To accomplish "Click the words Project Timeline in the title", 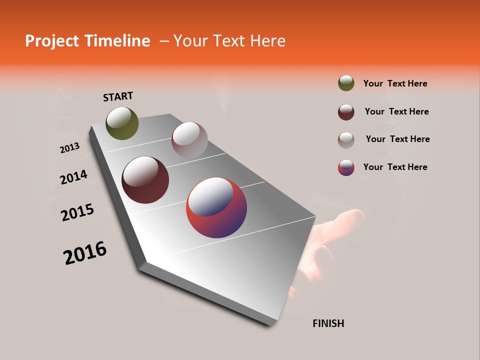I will [87, 41].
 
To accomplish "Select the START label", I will [118, 96].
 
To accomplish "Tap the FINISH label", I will [328, 323].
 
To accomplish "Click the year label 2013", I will [69, 148].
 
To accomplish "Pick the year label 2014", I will [73, 177].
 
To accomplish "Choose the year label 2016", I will [85, 253].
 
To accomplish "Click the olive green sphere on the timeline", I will [122, 123].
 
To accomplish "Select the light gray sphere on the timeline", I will [189, 140].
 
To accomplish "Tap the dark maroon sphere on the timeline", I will [145, 180].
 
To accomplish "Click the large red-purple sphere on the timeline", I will [216, 207].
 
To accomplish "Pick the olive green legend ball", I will [346, 83].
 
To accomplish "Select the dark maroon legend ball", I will [346, 112].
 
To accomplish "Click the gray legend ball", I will [346, 140].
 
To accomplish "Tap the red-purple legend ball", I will [346, 167].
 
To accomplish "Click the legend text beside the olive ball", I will [395, 83].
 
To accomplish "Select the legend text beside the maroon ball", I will [396, 111].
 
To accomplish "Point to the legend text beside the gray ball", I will [397, 139].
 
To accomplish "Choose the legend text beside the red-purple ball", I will [395, 167].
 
